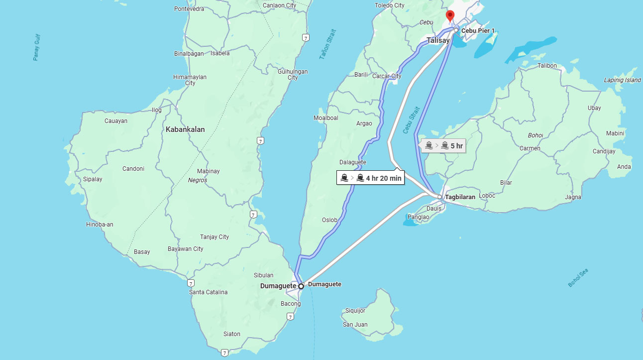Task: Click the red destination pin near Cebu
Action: click(450, 16)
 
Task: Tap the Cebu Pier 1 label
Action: click(478, 31)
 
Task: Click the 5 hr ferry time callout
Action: click(443, 146)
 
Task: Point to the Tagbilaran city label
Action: click(460, 197)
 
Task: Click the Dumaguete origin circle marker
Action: click(301, 286)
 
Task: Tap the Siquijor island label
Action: click(355, 311)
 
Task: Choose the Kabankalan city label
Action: click(185, 129)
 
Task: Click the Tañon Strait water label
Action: click(328, 45)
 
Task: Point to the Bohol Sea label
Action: click(578, 278)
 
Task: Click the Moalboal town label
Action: click(325, 118)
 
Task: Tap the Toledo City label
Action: click(389, 5)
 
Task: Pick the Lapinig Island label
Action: click(622, 80)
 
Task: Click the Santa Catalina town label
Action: click(208, 292)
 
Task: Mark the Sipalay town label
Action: click(93, 179)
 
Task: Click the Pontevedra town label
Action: click(190, 9)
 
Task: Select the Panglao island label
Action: click(418, 217)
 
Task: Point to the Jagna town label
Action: click(573, 197)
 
